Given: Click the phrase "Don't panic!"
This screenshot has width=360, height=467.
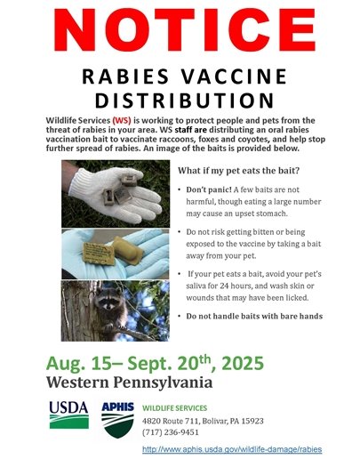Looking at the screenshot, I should (x=212, y=190).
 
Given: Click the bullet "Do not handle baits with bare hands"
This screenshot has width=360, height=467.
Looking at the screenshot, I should (x=254, y=317).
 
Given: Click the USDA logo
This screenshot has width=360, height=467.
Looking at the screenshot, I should (x=68, y=415).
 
